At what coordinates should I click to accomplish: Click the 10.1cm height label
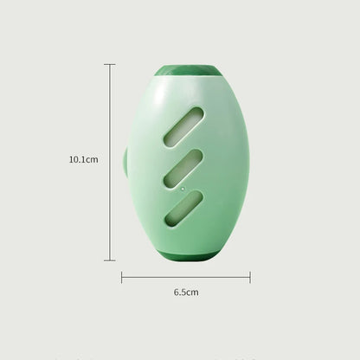click(84, 159)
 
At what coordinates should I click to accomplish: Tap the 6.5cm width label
click(186, 292)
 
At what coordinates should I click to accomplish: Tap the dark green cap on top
click(185, 71)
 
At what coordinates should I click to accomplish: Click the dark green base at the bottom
click(185, 255)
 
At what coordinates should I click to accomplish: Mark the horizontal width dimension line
click(185, 277)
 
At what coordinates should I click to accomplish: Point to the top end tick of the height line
click(110, 64)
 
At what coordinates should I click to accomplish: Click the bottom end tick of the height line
click(110, 260)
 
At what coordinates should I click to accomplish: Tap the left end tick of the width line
click(121, 277)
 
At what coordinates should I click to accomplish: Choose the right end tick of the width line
click(250, 277)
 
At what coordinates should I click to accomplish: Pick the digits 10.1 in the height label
click(79, 159)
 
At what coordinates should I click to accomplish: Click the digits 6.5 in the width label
click(180, 292)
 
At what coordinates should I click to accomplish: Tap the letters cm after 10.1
click(93, 159)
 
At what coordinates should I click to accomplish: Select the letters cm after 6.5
click(193, 292)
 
